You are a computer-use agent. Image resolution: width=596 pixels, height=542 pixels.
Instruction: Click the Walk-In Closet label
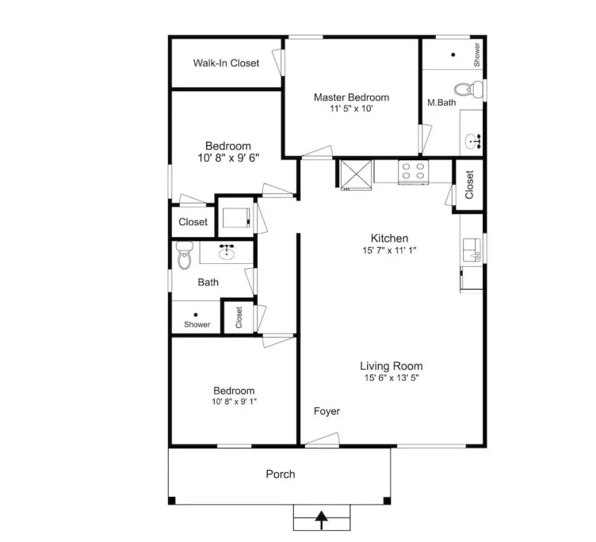pyautogui.click(x=226, y=63)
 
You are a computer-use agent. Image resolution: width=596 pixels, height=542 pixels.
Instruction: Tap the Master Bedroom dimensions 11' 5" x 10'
pyautogui.click(x=351, y=109)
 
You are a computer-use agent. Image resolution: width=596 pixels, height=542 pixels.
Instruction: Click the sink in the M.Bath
pyautogui.click(x=472, y=141)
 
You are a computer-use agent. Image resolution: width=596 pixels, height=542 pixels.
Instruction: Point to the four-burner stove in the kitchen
pyautogui.click(x=413, y=171)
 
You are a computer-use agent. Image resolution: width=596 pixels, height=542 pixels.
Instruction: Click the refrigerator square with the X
pyautogui.click(x=356, y=174)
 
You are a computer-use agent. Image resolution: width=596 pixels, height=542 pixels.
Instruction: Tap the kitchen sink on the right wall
pyautogui.click(x=472, y=251)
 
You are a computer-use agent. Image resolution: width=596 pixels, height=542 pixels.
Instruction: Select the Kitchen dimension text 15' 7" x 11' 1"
pyautogui.click(x=390, y=251)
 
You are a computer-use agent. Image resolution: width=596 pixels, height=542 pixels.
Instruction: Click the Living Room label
pyautogui.click(x=391, y=366)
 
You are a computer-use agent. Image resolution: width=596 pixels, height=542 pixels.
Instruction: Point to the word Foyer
pyautogui.click(x=327, y=411)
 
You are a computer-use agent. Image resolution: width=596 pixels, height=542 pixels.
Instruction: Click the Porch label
pyautogui.click(x=280, y=474)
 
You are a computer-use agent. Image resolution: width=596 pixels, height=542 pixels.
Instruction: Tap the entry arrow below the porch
pyautogui.click(x=322, y=520)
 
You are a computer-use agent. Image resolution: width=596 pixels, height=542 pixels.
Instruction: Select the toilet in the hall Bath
pyautogui.click(x=184, y=255)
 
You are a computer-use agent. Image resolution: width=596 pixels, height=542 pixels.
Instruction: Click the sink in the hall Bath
pyautogui.click(x=227, y=252)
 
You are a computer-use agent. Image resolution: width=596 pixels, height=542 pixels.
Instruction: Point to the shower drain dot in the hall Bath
pyautogui.click(x=196, y=315)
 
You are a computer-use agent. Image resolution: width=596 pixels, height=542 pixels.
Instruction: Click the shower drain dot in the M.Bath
pyautogui.click(x=453, y=54)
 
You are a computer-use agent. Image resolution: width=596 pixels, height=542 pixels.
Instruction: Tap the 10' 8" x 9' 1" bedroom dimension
pyautogui.click(x=234, y=402)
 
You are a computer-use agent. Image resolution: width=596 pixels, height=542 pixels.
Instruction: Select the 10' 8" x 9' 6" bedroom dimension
pyautogui.click(x=228, y=157)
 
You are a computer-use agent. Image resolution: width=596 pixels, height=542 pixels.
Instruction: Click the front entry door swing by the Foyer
pyautogui.click(x=322, y=438)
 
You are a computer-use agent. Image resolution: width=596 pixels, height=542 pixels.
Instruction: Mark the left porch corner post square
pyautogui.click(x=172, y=500)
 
